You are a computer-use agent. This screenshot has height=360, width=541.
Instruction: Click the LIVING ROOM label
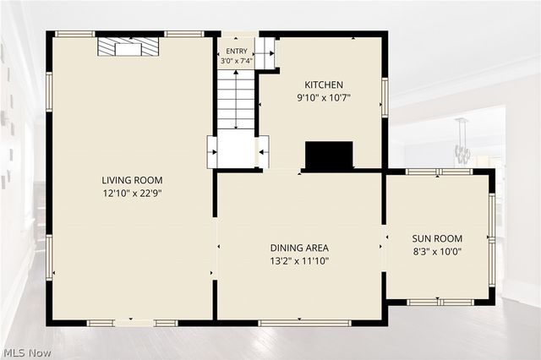(x=132, y=180)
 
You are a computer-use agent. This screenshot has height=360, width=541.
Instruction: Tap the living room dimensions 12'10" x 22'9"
(x=132, y=194)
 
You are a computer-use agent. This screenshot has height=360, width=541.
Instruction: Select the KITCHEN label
(x=324, y=85)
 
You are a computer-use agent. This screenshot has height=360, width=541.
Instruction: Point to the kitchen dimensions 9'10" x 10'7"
(x=324, y=98)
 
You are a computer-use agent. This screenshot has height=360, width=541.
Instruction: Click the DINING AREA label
(x=299, y=248)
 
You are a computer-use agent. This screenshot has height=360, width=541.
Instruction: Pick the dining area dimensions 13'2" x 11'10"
(x=299, y=260)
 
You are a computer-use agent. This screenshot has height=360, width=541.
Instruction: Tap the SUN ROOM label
(x=437, y=238)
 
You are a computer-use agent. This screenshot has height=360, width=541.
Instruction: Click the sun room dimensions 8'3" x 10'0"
(x=437, y=251)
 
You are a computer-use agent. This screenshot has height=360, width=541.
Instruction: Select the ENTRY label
(x=237, y=51)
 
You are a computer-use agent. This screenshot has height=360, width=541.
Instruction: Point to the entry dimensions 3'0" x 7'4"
(x=237, y=61)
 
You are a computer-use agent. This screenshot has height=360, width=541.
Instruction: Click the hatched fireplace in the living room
(x=128, y=46)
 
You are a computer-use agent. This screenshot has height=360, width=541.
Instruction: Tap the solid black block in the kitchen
(x=329, y=155)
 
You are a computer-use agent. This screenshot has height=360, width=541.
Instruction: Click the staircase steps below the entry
(x=236, y=100)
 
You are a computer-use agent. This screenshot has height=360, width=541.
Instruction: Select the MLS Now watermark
(x=28, y=352)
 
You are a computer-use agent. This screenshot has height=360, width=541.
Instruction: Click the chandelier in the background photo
(x=462, y=141)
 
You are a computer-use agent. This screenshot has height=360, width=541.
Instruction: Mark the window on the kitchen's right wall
(x=385, y=97)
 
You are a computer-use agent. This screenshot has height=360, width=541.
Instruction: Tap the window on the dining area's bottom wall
(x=304, y=323)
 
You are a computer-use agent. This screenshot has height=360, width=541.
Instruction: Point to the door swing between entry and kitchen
(x=265, y=53)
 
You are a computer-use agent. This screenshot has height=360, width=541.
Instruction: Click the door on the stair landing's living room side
(x=212, y=152)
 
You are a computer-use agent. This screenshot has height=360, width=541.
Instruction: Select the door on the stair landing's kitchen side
(x=264, y=152)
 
